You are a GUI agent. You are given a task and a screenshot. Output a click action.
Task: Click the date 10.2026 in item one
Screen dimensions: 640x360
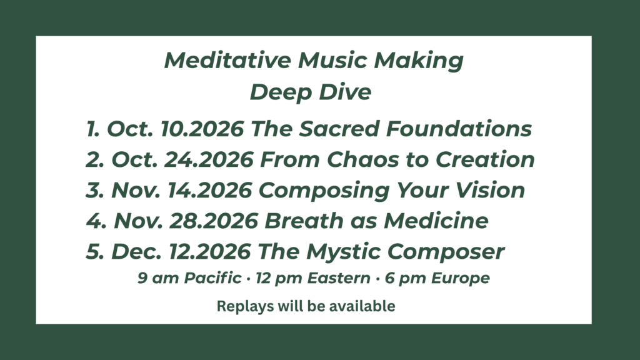point(202,129)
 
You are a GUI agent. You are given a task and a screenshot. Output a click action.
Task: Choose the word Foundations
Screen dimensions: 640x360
point(459,129)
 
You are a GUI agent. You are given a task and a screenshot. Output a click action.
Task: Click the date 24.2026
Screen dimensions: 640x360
point(209,159)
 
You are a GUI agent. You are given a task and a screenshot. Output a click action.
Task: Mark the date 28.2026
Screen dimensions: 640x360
point(214,221)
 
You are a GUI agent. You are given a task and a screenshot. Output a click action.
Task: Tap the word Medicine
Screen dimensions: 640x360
point(436,221)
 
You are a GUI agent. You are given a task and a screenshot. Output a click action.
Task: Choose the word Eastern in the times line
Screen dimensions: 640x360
point(339,278)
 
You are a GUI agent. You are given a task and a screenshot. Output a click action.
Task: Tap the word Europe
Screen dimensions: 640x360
point(461,279)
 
